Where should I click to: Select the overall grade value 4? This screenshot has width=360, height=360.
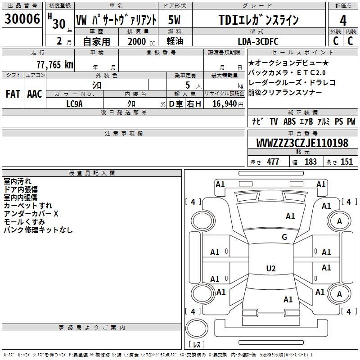[x=343, y=21]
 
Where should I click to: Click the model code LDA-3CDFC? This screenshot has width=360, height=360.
[x=258, y=41]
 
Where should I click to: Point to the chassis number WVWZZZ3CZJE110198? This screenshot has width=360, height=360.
[x=302, y=144]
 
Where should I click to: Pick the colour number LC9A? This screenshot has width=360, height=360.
[x=74, y=104]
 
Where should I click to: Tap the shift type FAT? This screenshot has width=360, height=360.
[x=13, y=94]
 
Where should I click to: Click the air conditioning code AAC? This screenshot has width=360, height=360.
[x=35, y=94]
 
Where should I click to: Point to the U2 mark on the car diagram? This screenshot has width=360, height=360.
[x=270, y=269]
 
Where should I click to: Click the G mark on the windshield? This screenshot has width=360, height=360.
[x=284, y=237]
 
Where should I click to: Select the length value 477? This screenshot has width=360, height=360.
[x=273, y=162]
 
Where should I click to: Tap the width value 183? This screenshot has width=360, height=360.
[x=310, y=162]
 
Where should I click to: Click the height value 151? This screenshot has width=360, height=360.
[x=346, y=162]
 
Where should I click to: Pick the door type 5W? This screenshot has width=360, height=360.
[x=175, y=20]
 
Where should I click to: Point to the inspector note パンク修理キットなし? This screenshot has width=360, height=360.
[x=38, y=230]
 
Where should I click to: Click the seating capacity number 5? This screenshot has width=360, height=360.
[x=186, y=85]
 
